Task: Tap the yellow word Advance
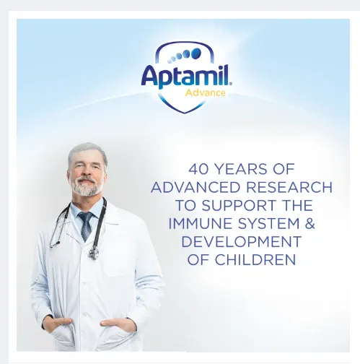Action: point(206,92)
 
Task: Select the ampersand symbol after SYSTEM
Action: point(309,224)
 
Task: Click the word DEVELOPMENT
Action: point(241,242)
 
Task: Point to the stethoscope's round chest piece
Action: point(93,253)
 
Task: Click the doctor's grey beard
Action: point(86,188)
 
